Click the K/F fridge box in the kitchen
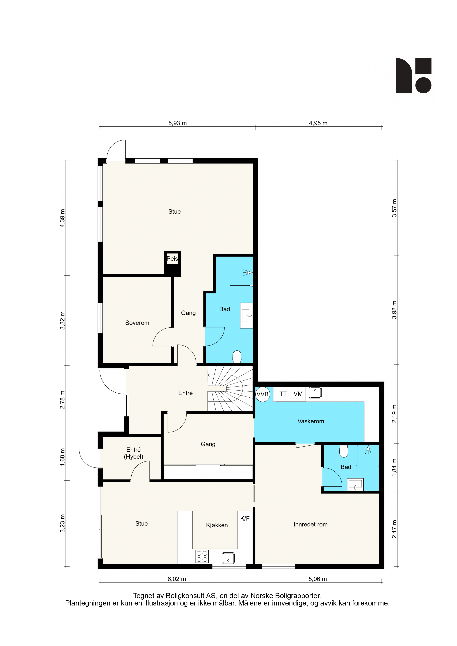(x=245, y=518)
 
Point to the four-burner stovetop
(x=202, y=556)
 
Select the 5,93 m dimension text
(x=177, y=123)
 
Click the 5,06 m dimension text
(x=318, y=579)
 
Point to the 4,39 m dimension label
(x=62, y=218)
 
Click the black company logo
(x=414, y=75)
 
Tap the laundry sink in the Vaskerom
(x=315, y=393)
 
